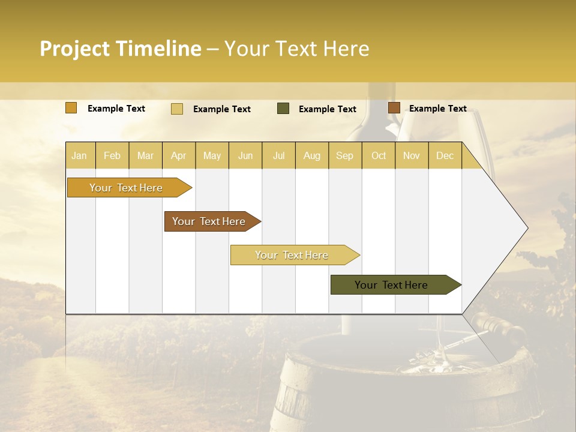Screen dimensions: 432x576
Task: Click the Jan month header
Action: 79,155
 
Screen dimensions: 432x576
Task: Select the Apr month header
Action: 179,155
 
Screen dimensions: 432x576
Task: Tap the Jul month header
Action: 278,155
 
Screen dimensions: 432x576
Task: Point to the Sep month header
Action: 344,155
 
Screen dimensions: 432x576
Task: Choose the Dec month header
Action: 445,155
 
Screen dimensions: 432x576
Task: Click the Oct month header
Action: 379,155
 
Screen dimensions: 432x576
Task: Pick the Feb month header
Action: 112,155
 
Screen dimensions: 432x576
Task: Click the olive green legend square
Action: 283,109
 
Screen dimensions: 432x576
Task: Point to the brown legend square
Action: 394,108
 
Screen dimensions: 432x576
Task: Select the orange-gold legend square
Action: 71,108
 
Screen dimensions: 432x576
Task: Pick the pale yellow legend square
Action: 177,109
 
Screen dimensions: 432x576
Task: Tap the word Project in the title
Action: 74,49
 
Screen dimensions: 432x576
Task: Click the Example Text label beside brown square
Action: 437,109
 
